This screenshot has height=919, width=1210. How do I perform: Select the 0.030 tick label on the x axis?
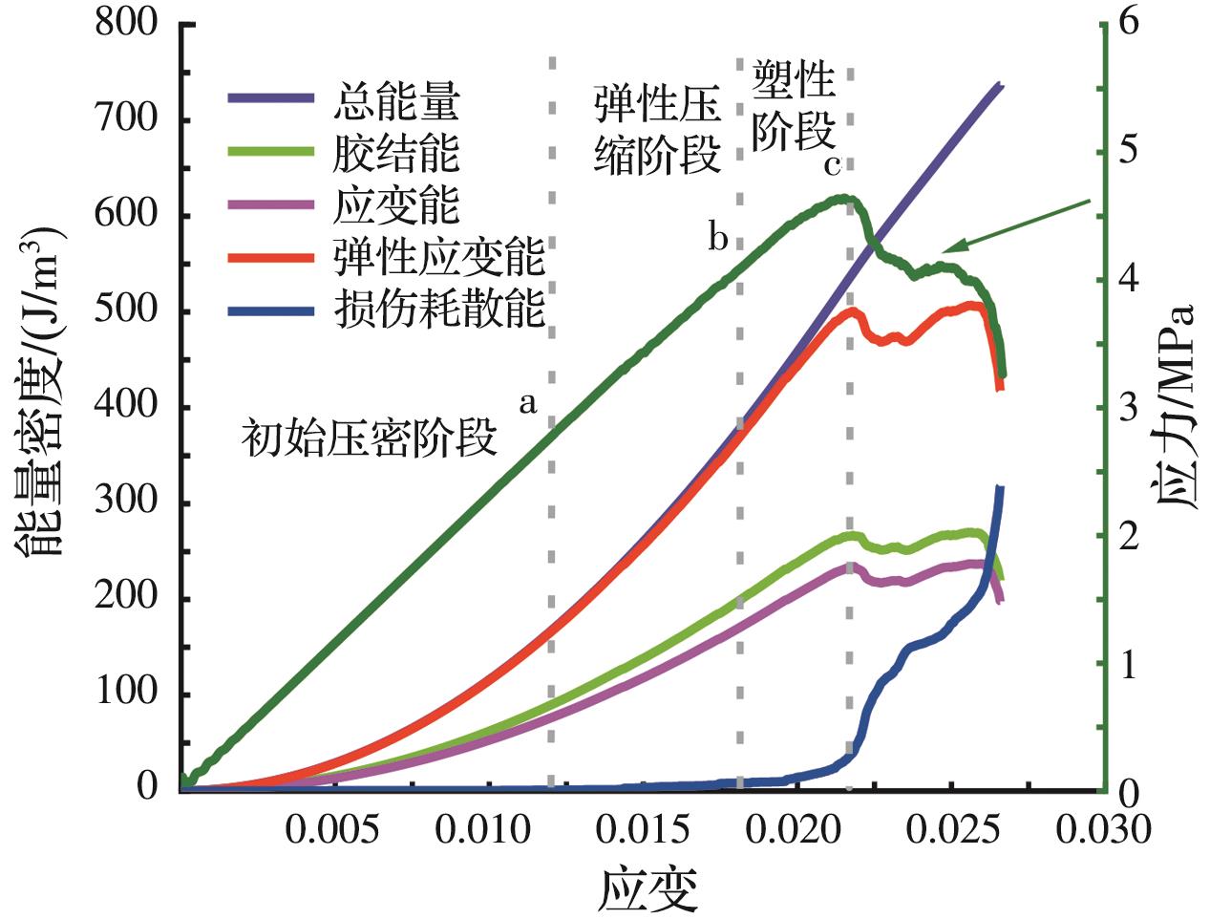click(x=1099, y=829)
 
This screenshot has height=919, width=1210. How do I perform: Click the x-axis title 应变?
click(x=649, y=888)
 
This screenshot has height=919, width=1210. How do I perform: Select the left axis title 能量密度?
click(x=38, y=382)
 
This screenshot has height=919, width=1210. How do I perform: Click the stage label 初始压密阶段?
click(x=371, y=439)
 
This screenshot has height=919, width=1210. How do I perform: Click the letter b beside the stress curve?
click(x=718, y=237)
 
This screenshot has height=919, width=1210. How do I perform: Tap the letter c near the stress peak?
click(x=832, y=165)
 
